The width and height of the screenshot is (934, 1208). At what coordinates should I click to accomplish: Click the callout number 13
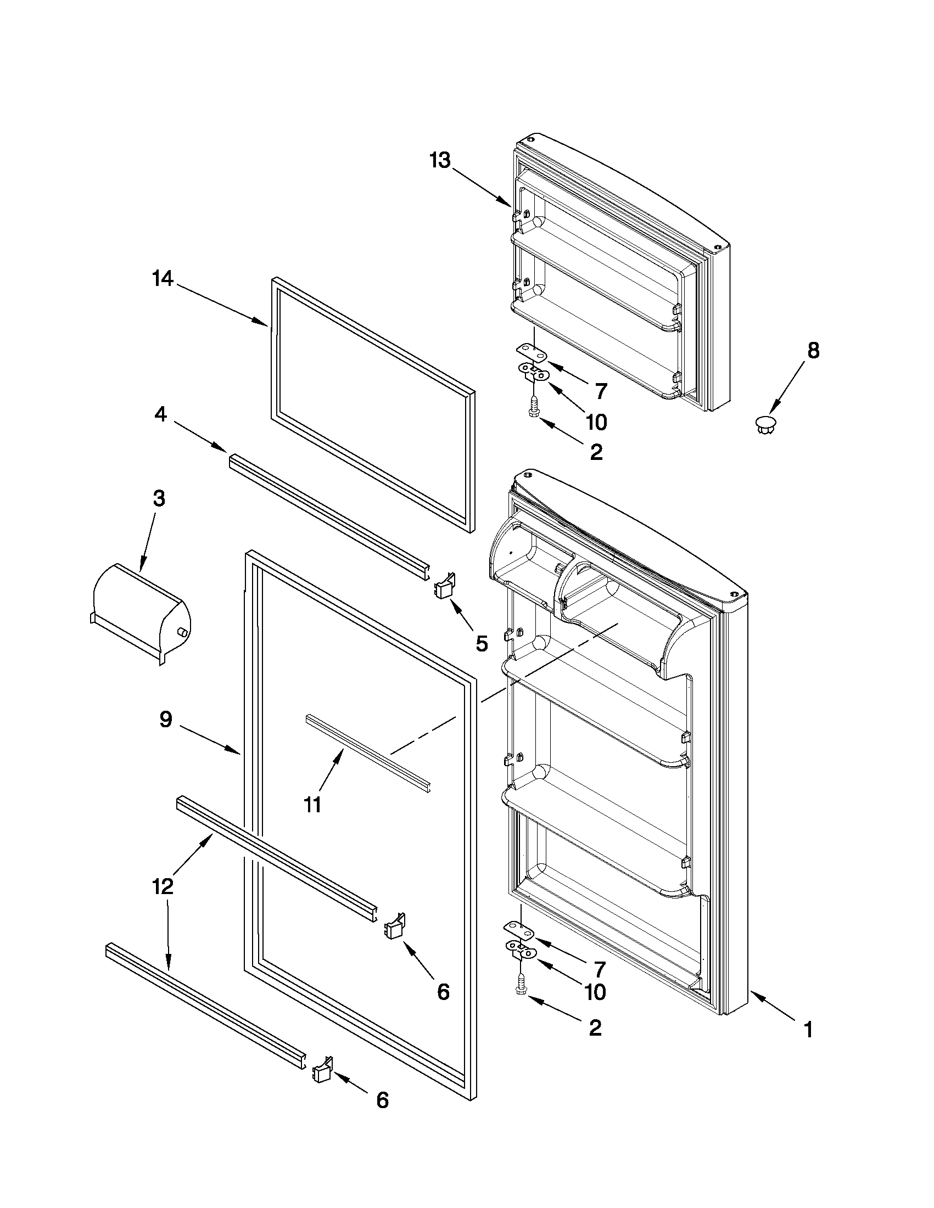click(x=441, y=161)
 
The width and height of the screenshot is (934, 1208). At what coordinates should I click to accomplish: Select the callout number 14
click(x=163, y=279)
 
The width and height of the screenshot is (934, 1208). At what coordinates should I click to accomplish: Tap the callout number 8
click(x=812, y=350)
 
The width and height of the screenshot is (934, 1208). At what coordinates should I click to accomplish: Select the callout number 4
click(x=160, y=413)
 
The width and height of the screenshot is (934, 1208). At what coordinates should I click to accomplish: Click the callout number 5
click(x=482, y=643)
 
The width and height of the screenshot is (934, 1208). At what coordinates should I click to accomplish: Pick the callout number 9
click(x=166, y=719)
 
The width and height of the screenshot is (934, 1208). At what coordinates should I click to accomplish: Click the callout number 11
click(x=312, y=804)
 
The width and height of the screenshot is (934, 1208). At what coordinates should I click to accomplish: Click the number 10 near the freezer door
click(x=596, y=423)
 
